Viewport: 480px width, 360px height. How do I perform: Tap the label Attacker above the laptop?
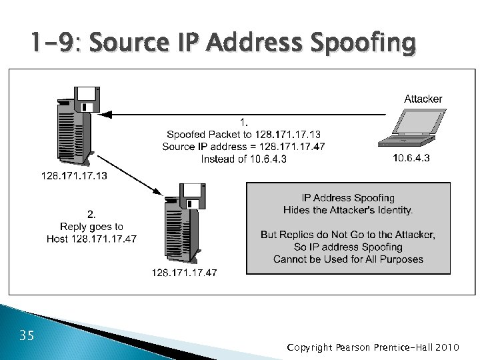click(423, 99)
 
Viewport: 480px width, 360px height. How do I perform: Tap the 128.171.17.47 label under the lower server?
click(184, 272)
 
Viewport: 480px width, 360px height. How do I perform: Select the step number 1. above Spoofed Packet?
click(244, 122)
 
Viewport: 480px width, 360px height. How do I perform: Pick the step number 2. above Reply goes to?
click(92, 215)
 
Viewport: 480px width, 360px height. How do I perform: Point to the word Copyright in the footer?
click(309, 347)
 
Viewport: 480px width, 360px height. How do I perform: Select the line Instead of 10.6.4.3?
click(243, 159)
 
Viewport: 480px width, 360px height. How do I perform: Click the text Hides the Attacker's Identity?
click(348, 210)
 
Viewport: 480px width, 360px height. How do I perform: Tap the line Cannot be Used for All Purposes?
click(348, 259)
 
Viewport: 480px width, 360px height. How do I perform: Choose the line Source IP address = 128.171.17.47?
click(243, 146)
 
